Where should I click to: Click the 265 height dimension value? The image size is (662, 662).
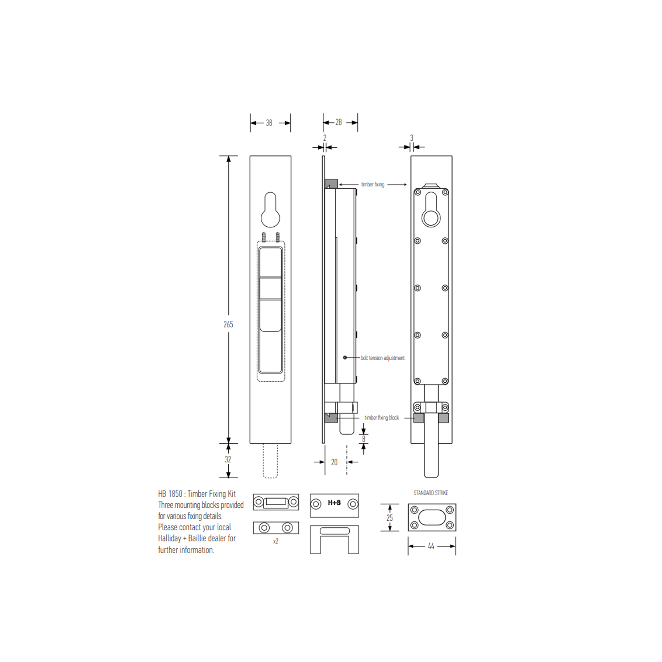[x=228, y=324]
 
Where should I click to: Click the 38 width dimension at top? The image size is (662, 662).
[x=269, y=123]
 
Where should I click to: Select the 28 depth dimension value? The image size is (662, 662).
[x=339, y=122]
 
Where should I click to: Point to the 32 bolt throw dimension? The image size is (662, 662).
[x=228, y=459]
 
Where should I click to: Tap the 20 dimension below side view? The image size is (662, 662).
[x=334, y=462]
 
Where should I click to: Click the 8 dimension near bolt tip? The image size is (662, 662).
[x=364, y=439]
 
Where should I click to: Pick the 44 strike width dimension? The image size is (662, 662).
[x=431, y=546]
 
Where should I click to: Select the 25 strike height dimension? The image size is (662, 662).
[x=389, y=518]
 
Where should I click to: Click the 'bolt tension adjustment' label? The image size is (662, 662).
[x=382, y=358]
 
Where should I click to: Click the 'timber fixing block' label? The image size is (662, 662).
[x=382, y=418]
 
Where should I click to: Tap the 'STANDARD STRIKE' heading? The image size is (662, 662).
[x=431, y=493]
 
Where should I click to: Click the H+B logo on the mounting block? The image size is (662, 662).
[x=334, y=503]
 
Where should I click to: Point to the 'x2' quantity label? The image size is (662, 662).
[x=276, y=541]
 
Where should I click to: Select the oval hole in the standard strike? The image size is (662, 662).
[x=432, y=517]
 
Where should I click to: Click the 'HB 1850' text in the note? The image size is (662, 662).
[x=170, y=494]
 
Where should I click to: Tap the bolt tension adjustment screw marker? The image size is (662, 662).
[x=345, y=357]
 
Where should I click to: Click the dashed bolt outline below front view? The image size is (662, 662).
[x=271, y=461]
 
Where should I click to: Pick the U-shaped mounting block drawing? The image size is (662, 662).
[x=334, y=539]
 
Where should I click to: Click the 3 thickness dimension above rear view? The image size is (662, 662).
[x=412, y=138]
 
